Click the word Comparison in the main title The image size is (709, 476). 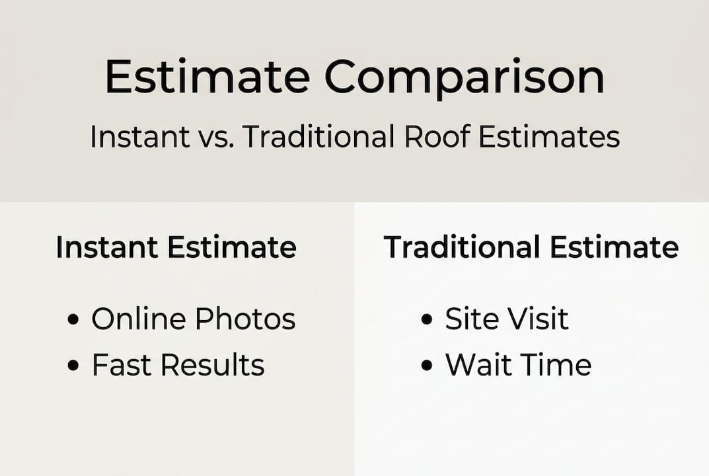click(464, 77)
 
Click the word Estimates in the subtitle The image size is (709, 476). click(549, 137)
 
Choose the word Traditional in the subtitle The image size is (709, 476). click(319, 137)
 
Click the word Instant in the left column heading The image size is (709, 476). click(107, 247)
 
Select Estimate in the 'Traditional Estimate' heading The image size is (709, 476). click(614, 247)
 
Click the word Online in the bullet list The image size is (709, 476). click(139, 319)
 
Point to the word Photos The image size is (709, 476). click(245, 319)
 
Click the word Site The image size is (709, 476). click(468, 319)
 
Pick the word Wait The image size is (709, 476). click(478, 365)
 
